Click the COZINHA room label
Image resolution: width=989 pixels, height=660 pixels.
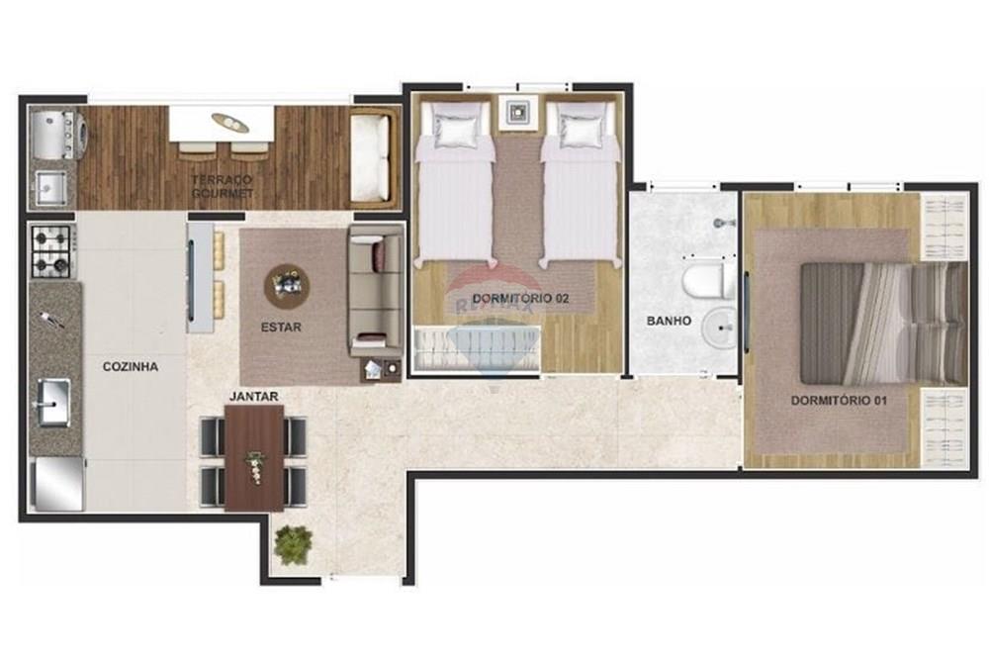pos(131,366)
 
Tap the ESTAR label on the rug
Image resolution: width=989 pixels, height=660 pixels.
pos(281,327)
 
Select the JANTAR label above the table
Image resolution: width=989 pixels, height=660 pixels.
pos(253,397)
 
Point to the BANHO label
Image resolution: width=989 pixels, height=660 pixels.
pos(669,321)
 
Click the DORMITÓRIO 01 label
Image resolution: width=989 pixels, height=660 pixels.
pos(838,401)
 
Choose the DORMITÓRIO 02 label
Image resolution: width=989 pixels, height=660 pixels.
pos(520,298)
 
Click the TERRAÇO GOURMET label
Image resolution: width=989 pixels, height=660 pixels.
pos(223,186)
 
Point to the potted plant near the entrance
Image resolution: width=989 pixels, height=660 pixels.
pos(294,544)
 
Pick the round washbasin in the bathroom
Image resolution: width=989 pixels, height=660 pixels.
pos(721,326)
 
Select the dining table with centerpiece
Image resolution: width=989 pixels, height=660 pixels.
pos(254,457)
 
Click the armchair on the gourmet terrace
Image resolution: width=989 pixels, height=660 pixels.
pos(373,157)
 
